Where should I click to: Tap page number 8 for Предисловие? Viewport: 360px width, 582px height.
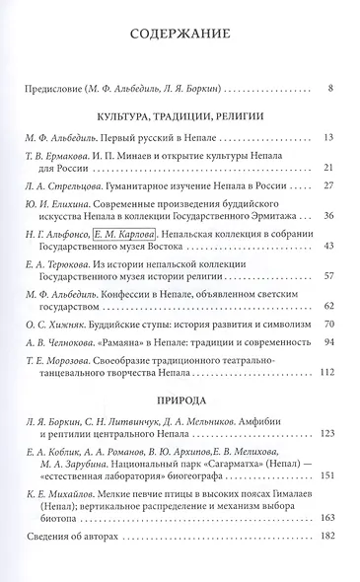(329, 90)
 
